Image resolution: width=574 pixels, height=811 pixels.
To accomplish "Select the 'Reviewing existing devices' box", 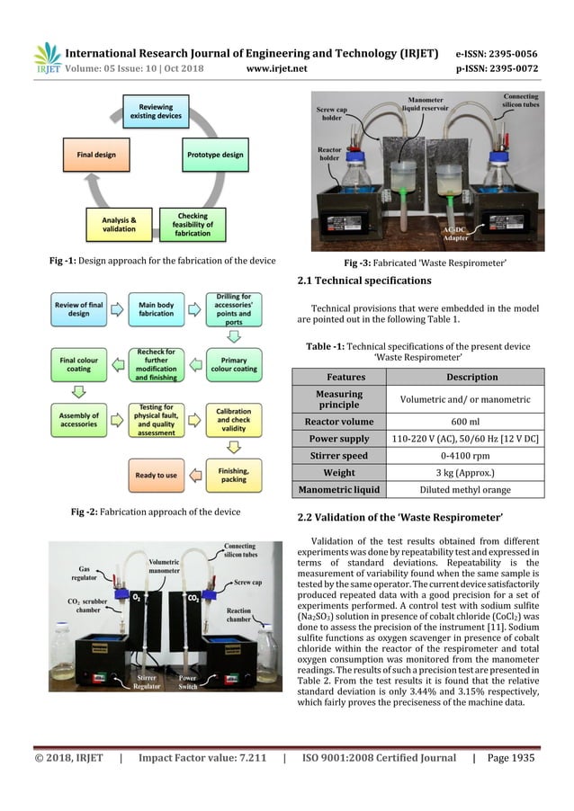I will click(156, 111).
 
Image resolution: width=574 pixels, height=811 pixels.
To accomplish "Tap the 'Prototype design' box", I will click(215, 155).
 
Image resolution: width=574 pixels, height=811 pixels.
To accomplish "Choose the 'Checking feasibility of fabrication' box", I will click(193, 225).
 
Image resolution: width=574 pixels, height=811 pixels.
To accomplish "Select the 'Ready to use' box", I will click(157, 474).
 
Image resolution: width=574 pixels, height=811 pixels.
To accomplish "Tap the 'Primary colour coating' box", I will click(233, 363).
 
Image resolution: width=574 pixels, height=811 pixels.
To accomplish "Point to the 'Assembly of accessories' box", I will click(79, 419).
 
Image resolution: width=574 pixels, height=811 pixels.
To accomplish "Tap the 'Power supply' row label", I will click(339, 438).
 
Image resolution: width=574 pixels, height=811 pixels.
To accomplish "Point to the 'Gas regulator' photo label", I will click(84, 573).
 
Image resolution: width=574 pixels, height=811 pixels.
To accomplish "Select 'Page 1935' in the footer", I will click(510, 758).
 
